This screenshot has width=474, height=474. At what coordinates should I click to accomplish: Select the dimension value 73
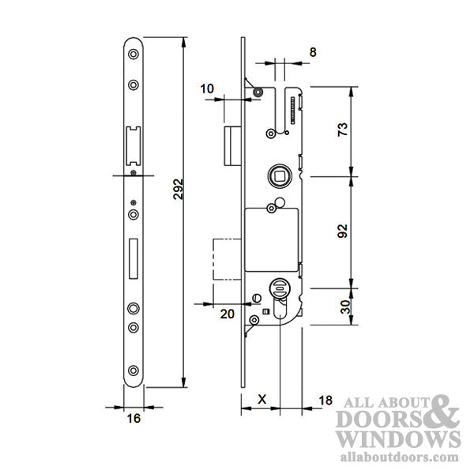(343, 130)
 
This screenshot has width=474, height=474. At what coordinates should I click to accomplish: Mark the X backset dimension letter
(261, 401)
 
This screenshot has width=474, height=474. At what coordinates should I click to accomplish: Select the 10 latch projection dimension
(207, 89)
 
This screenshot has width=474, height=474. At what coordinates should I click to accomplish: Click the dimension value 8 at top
(313, 51)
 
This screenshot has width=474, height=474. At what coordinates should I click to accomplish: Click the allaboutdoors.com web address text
(398, 457)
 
